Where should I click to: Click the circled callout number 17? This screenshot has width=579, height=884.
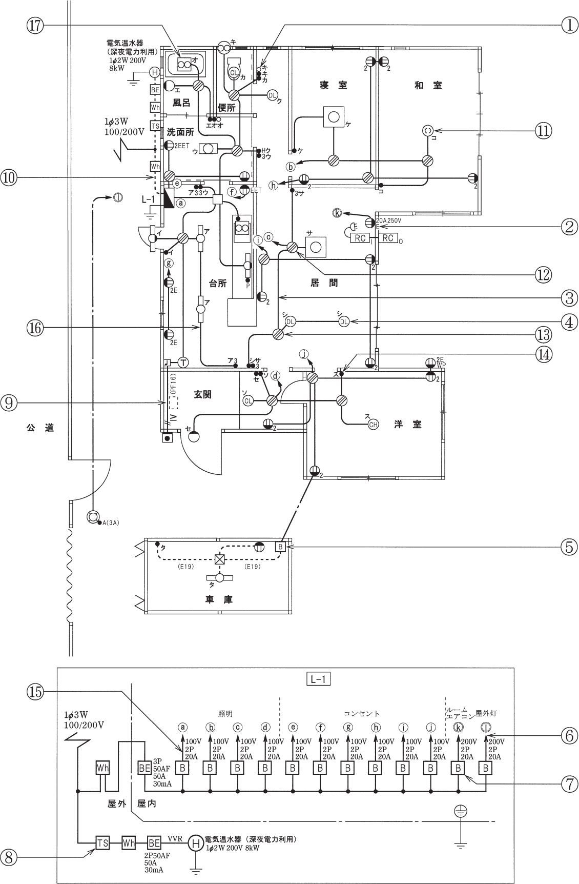36,27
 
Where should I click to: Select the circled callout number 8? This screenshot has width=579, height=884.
11,855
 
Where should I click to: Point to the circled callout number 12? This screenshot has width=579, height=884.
543,275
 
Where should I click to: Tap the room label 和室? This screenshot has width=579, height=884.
428,85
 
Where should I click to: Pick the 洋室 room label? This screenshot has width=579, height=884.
408,425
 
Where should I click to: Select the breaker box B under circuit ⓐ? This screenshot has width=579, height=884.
182,768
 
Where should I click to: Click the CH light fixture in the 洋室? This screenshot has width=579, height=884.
374,424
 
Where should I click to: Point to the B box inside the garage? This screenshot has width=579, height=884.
280,547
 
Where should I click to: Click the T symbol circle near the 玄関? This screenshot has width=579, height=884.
183,363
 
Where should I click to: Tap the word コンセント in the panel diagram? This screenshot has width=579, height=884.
362,713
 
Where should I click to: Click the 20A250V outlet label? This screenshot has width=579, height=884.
389,220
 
